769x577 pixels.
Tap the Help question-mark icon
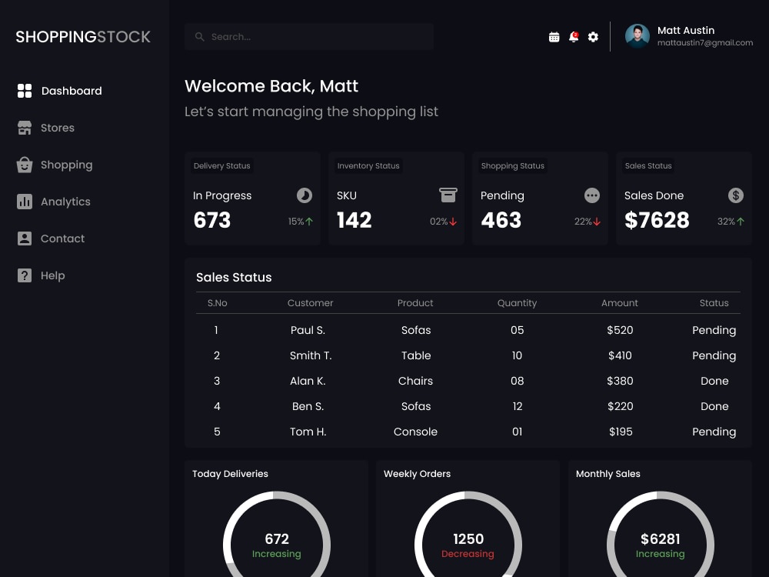click(x=25, y=275)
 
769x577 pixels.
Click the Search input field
click(x=309, y=37)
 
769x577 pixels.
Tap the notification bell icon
click(x=574, y=37)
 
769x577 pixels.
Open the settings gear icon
click(x=593, y=37)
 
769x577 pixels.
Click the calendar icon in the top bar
click(x=554, y=37)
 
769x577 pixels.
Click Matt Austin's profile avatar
click(x=638, y=36)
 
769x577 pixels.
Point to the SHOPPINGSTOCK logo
click(x=83, y=37)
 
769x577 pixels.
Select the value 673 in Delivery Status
click(x=212, y=221)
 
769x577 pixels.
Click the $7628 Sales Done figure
click(x=657, y=221)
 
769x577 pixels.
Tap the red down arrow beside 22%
click(x=597, y=222)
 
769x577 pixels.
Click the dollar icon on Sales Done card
click(x=736, y=195)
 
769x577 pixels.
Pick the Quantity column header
click(x=517, y=303)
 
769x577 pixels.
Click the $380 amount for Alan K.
click(x=620, y=381)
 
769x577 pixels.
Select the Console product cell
click(x=415, y=432)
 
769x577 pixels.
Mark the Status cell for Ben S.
click(x=714, y=406)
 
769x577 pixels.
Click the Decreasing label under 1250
click(x=468, y=554)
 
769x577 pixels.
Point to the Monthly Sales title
click(x=608, y=474)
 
